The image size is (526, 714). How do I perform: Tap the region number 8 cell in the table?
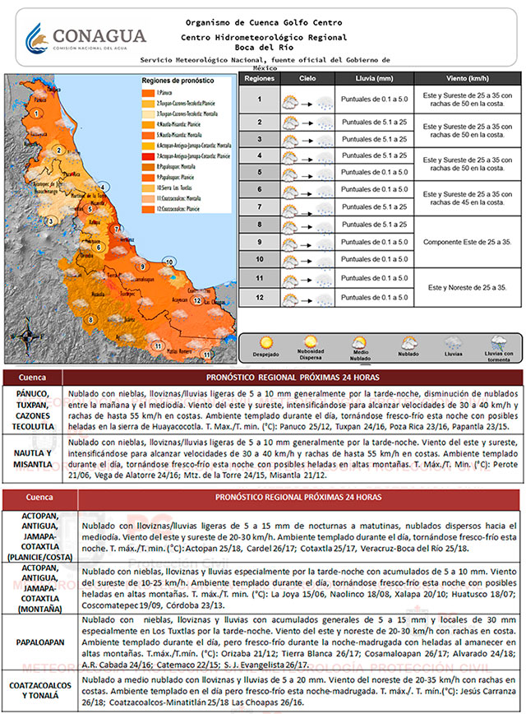coord(259,224)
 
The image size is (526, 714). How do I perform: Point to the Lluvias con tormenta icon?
coord(499,343)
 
